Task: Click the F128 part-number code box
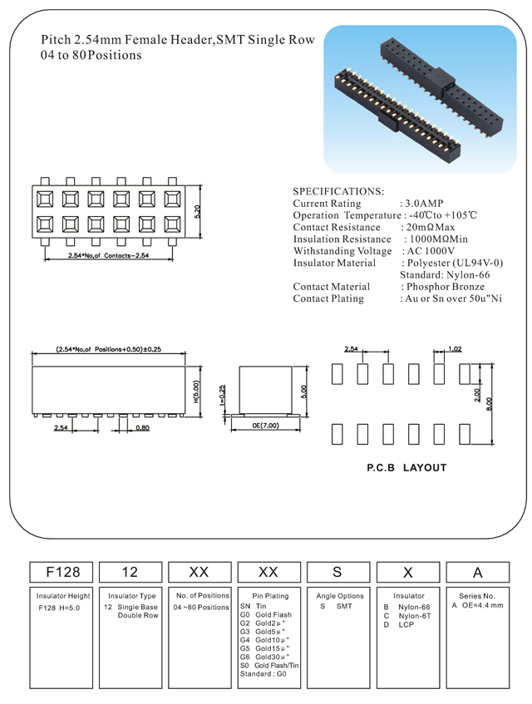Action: [62, 572]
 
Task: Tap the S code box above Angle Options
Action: [340, 572]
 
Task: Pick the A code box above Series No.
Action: [478, 572]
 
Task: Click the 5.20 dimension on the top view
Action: [197, 211]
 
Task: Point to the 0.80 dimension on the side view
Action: [142, 428]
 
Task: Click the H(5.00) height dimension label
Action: [195, 390]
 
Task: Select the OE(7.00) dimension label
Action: [265, 426]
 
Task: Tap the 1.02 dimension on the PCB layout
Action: [454, 349]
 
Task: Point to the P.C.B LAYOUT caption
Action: [407, 468]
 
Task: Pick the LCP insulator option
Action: [405, 624]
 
